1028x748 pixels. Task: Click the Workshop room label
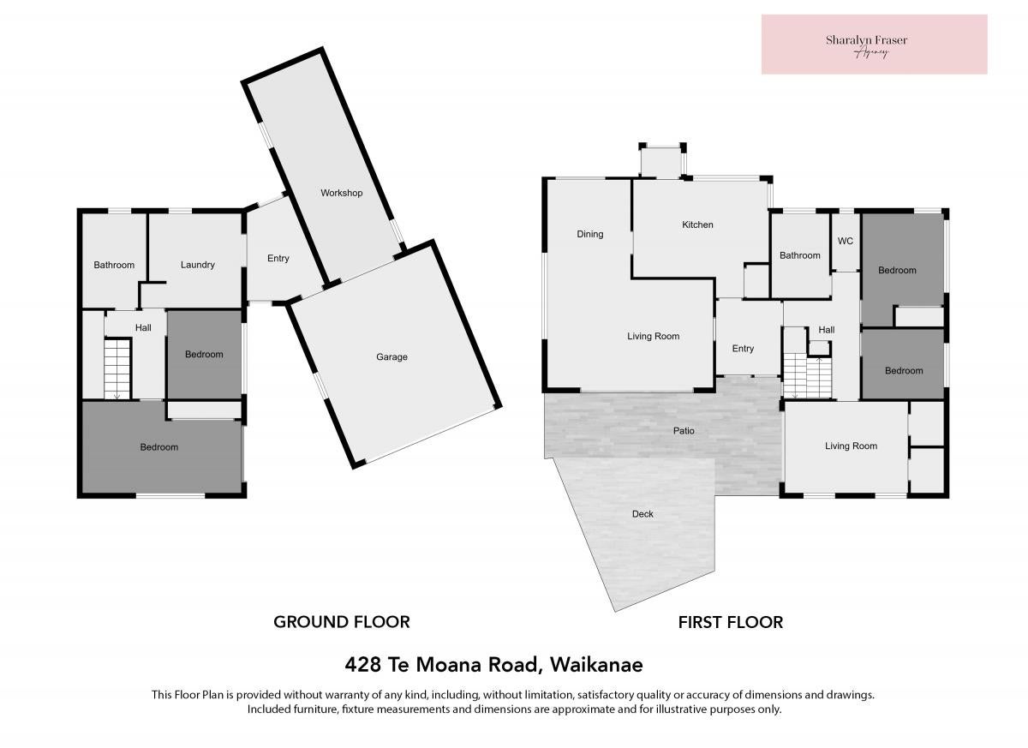[x=342, y=193]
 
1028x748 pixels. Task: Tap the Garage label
[x=391, y=357]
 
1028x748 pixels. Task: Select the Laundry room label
[x=197, y=265]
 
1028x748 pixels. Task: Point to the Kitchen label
[x=697, y=224]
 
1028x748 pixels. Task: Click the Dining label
[x=589, y=235]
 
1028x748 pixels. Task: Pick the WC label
[x=846, y=241]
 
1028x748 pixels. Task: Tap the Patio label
[x=684, y=431]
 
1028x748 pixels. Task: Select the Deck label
[x=642, y=514]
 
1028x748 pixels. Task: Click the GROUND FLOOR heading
[x=342, y=622]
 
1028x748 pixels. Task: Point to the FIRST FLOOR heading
[x=731, y=623]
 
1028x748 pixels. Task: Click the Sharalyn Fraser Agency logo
[x=875, y=45]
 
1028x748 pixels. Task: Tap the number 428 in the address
[x=362, y=665]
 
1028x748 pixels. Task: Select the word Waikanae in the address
[x=596, y=665]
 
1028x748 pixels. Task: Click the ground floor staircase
[x=117, y=369]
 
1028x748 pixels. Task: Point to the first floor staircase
[x=807, y=377]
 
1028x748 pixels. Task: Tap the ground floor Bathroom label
[x=114, y=266]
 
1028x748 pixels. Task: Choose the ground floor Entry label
[x=278, y=259]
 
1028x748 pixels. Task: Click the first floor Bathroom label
[x=799, y=255]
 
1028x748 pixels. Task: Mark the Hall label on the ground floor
[x=143, y=327]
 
